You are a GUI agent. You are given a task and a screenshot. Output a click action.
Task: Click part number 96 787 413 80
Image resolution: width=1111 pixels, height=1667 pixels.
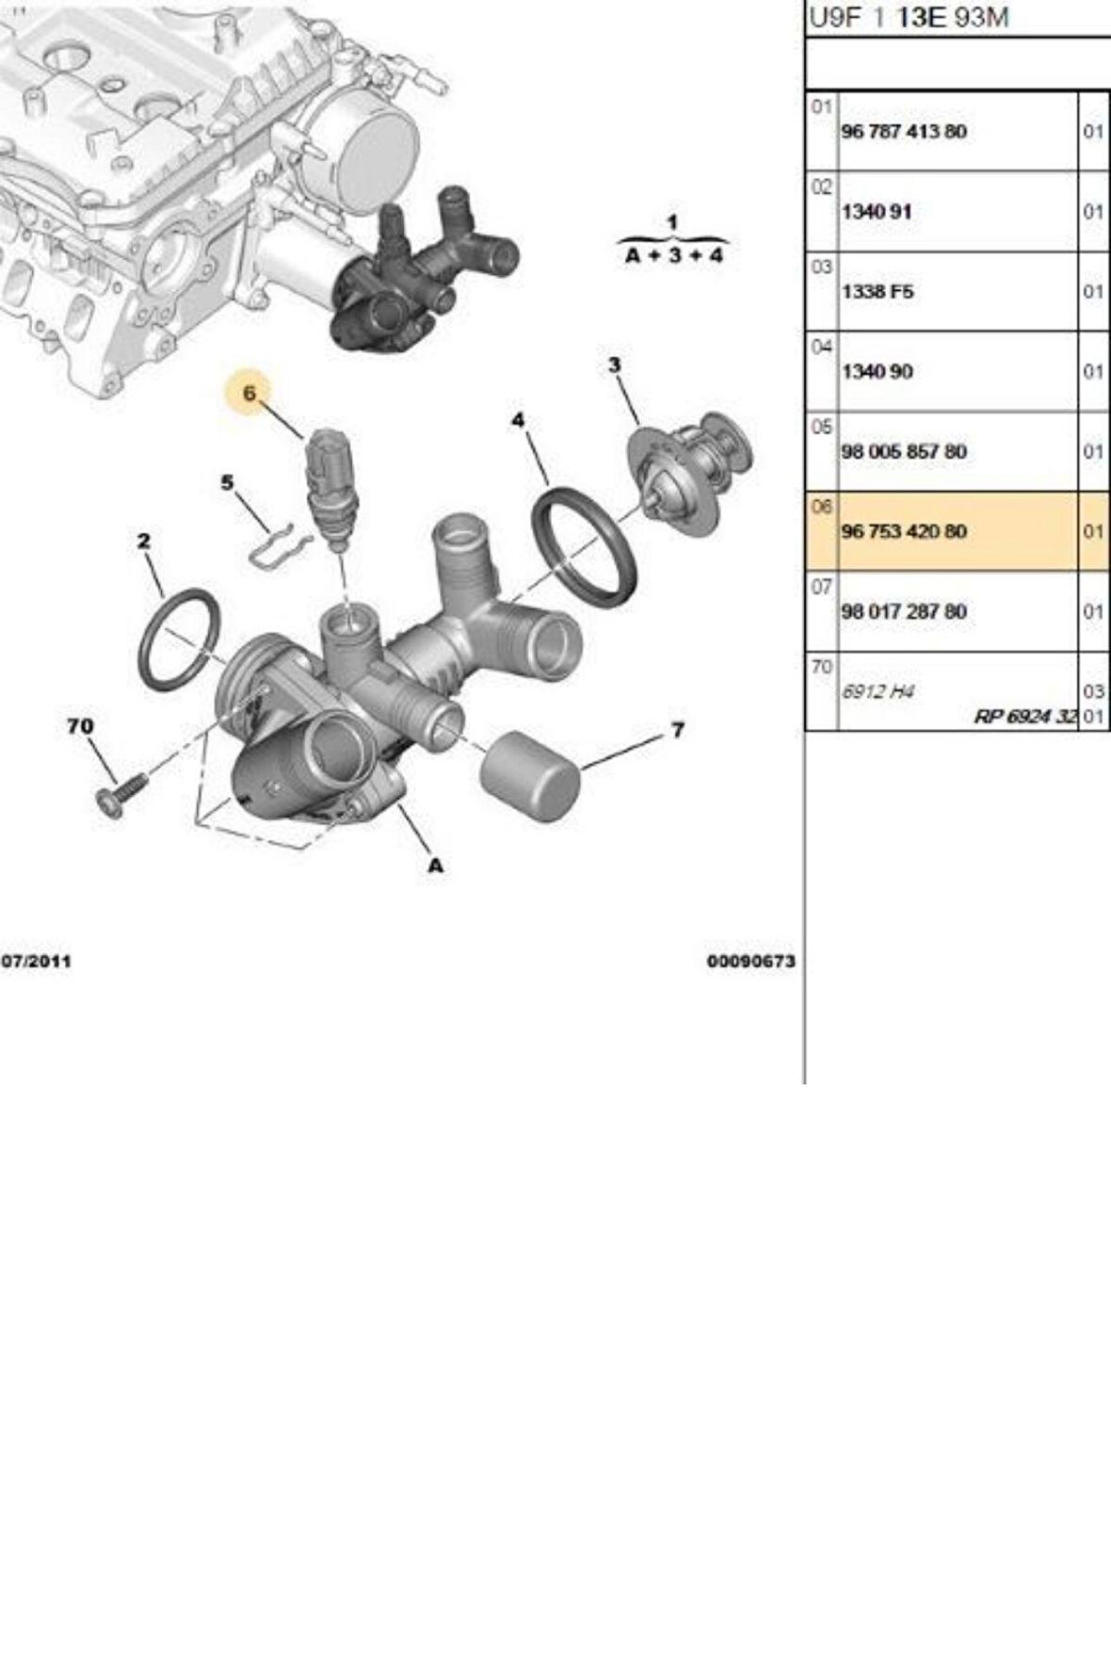coord(903,132)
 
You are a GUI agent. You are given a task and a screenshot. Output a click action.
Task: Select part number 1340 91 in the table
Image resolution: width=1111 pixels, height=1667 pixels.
coord(876,212)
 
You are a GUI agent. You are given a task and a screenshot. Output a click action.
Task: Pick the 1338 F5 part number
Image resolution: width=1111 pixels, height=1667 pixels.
coord(877,292)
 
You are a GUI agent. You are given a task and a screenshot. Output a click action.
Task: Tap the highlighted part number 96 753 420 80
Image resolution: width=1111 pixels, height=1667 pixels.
coord(903,532)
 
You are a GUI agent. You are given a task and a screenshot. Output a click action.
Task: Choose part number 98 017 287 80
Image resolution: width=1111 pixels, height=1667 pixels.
coord(903,612)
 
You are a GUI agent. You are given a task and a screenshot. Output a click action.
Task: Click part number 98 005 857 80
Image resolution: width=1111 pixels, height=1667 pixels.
coord(903,452)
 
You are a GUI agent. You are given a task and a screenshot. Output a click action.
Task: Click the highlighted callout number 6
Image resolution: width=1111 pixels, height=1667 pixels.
coord(250,393)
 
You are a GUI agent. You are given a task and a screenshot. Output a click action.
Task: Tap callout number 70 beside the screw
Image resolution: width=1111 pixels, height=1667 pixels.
coord(80,726)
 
